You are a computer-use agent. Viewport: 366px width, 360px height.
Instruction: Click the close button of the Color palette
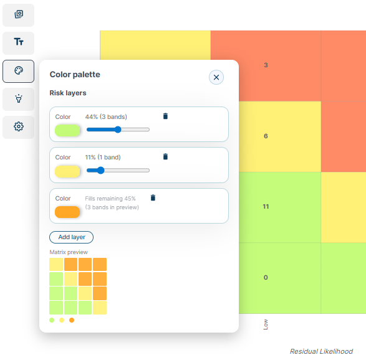pos(216,77)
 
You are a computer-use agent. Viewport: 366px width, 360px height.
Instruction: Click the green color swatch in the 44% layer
pos(67,130)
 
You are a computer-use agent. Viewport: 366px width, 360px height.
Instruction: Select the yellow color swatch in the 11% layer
pos(67,171)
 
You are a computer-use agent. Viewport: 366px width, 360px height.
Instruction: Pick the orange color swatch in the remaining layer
pos(67,212)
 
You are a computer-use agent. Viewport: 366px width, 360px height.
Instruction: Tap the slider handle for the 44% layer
pos(118,130)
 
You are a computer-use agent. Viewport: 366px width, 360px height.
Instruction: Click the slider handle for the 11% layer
pos(100,170)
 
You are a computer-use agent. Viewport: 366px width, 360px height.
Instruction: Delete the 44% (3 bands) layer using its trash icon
pos(165,116)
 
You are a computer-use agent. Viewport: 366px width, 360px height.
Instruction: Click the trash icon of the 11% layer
pos(165,157)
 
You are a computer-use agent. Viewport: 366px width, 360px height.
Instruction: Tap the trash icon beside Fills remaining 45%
pos(153,198)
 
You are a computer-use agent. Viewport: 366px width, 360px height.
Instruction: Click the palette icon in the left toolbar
pos(19,71)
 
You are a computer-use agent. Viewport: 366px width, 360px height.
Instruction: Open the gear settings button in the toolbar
pos(19,127)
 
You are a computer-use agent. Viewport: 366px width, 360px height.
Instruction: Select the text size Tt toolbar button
pos(19,42)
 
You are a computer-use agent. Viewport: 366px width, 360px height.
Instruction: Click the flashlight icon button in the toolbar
pos(19,99)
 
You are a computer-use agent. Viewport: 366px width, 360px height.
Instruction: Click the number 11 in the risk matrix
pos(266,206)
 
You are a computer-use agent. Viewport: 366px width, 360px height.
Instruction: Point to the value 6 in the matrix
pos(266,136)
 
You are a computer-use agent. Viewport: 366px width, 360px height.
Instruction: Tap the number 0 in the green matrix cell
pos(266,277)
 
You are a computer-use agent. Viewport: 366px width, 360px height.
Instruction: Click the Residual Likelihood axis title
pos(321,351)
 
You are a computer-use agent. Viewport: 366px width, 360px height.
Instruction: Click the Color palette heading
pos(75,75)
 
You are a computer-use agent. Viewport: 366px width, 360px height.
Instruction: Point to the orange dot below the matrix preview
pos(72,320)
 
